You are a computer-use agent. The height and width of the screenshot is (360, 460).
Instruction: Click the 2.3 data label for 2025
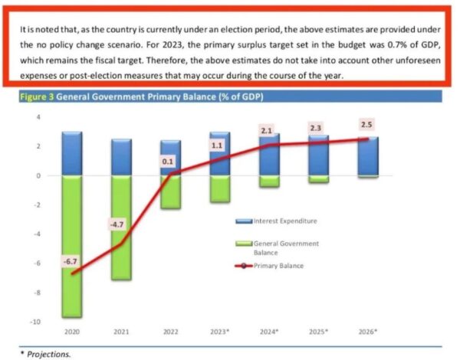(x=316, y=128)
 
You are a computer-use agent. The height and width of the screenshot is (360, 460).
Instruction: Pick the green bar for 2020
(x=71, y=245)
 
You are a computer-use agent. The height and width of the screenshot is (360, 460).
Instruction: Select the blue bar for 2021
(x=120, y=157)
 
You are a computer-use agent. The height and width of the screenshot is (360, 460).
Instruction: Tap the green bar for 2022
(x=170, y=191)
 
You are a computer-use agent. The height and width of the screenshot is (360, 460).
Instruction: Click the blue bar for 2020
(x=71, y=153)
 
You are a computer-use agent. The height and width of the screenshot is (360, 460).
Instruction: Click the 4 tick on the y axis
(x=34, y=117)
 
